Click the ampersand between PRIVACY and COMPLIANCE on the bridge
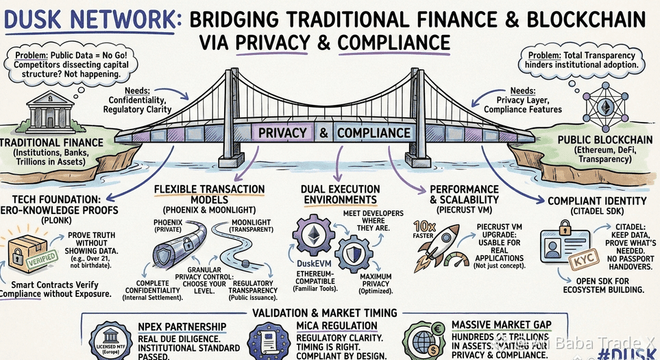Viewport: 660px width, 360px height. (322, 132)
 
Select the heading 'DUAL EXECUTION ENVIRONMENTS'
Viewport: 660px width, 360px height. (339, 193)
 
